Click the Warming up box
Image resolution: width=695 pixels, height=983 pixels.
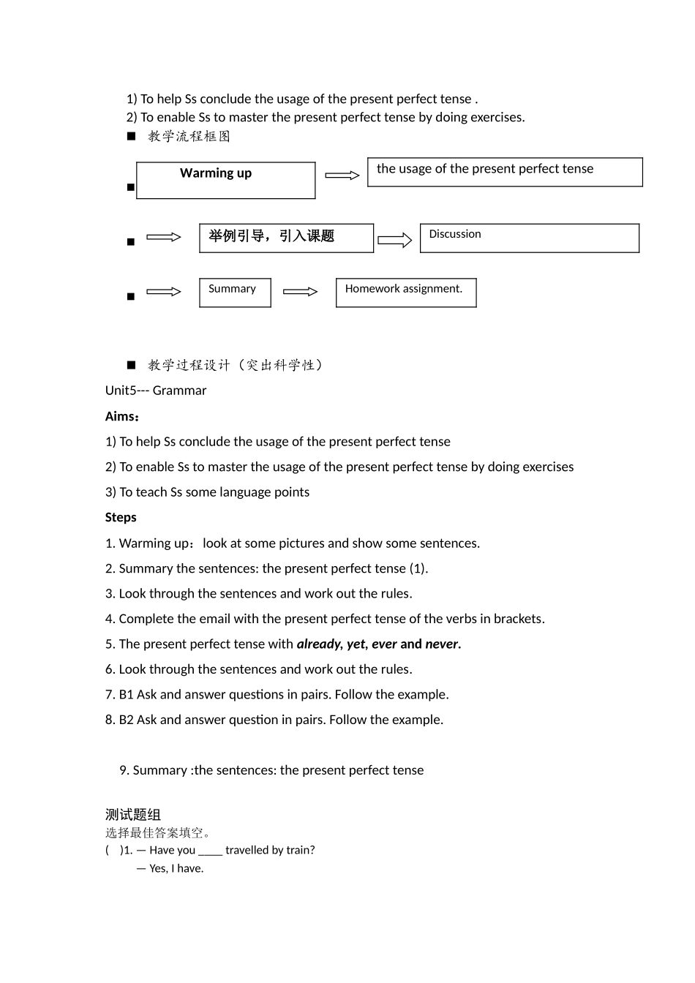(x=225, y=180)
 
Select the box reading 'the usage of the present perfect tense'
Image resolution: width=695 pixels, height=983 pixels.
(x=505, y=172)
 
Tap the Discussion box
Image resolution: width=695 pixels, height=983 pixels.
(x=529, y=238)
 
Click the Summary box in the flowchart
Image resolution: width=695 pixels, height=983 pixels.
(x=235, y=293)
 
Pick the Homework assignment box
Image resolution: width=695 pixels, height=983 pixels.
(x=406, y=293)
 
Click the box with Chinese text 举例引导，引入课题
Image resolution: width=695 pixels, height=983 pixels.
(x=286, y=238)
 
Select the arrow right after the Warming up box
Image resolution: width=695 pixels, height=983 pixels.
(x=342, y=176)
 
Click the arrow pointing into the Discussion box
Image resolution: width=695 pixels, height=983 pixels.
(x=395, y=240)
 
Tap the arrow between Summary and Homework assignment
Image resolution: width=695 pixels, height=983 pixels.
(x=300, y=292)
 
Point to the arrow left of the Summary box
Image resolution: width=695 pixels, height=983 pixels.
(x=163, y=292)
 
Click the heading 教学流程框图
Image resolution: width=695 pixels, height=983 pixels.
(x=189, y=136)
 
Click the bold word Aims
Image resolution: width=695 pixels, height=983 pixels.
(x=121, y=416)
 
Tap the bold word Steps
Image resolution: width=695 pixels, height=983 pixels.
(x=121, y=517)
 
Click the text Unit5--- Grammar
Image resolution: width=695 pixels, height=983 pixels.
(x=156, y=391)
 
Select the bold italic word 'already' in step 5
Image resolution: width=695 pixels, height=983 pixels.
(x=318, y=644)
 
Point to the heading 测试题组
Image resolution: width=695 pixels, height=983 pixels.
(x=132, y=814)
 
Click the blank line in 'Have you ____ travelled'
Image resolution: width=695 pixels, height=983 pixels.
(x=210, y=851)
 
